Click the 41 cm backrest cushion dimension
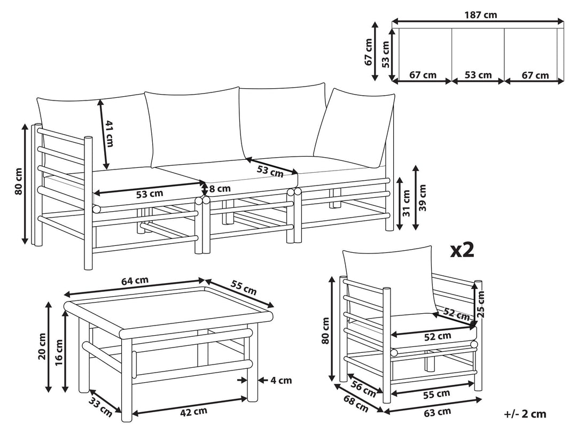pyautogui.click(x=110, y=133)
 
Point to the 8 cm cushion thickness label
pyautogui.click(x=219, y=189)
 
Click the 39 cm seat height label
pyautogui.click(x=423, y=198)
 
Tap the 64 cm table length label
pyautogui.click(x=135, y=280)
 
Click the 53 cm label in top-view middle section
pyautogui.click(x=478, y=75)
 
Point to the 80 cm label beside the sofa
pyautogui.click(x=19, y=182)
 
